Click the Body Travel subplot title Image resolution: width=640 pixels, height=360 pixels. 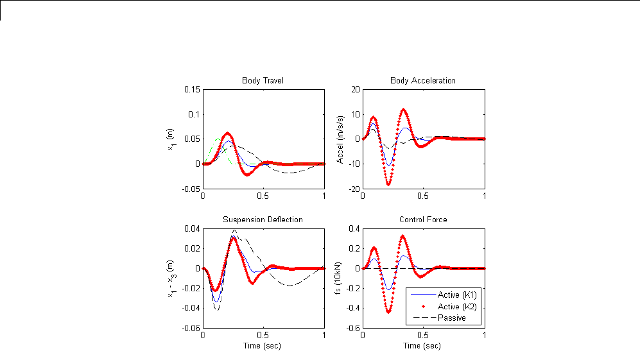pyautogui.click(x=263, y=80)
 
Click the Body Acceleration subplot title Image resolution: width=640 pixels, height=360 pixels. pyautogui.click(x=423, y=80)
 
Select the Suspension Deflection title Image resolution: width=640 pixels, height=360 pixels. pyautogui.click(x=263, y=219)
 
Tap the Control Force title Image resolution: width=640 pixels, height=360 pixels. pyautogui.click(x=423, y=219)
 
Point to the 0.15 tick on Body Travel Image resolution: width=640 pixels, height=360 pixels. pyautogui.click(x=191, y=89)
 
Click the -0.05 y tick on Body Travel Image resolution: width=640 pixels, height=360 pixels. pyautogui.click(x=190, y=188)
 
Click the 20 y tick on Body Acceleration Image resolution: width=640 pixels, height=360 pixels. pyautogui.click(x=354, y=89)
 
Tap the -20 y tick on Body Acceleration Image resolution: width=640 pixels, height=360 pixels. pyautogui.click(x=353, y=188)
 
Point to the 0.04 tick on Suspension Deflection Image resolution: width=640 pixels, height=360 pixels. pyautogui.click(x=192, y=228)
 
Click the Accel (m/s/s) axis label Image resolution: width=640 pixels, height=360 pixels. pyautogui.click(x=341, y=139)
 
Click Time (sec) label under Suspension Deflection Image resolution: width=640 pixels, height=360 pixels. pyautogui.click(x=263, y=346)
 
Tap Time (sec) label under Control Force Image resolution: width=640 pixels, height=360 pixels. pyautogui.click(x=423, y=346)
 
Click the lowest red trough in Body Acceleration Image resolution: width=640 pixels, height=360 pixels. pyautogui.click(x=388, y=184)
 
